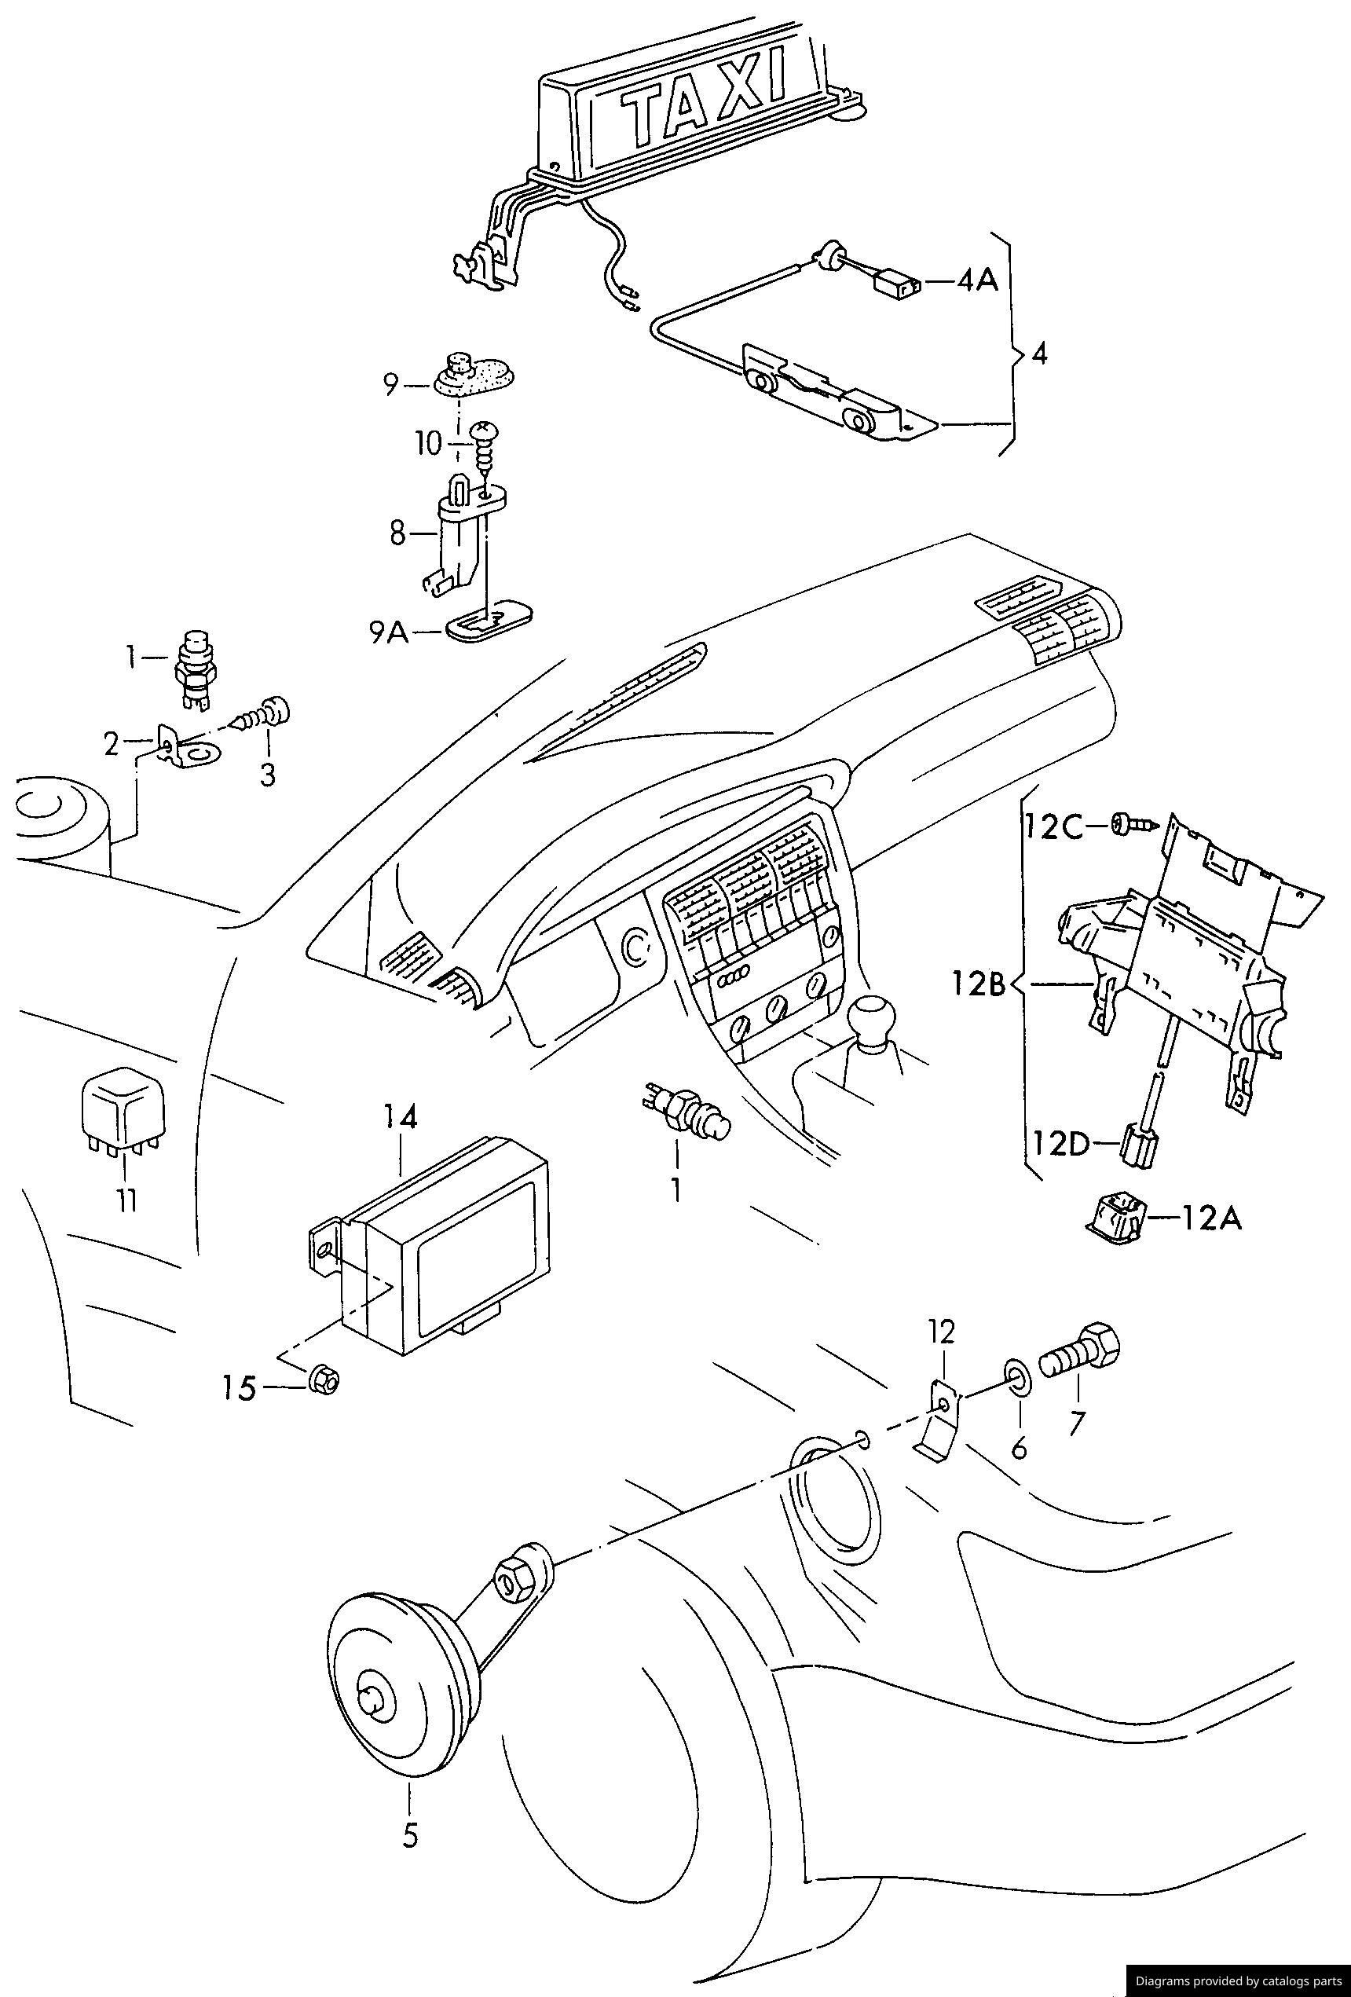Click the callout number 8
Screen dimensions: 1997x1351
397,533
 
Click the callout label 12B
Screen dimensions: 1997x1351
978,983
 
